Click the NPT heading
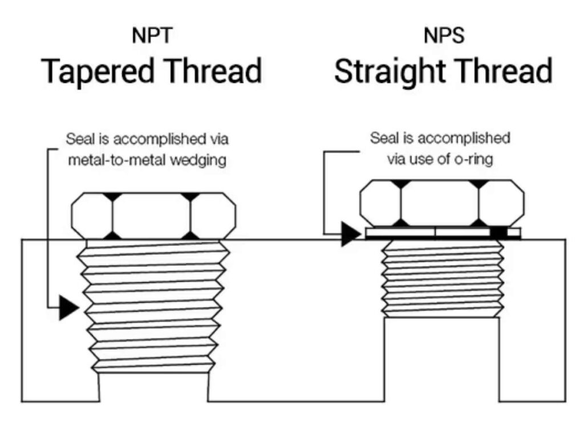[x=152, y=35]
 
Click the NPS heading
[x=443, y=35]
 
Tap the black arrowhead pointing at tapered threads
[x=67, y=308]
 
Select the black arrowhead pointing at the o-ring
[x=350, y=233]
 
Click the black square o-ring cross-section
[x=498, y=233]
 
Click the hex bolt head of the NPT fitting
[x=153, y=216]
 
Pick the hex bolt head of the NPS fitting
[x=442, y=203]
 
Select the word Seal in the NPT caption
[x=79, y=139]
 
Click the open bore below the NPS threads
[x=443, y=359]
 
